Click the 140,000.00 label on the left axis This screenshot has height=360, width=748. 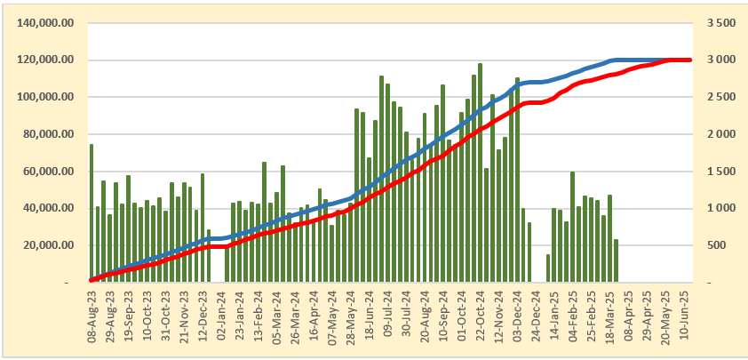coord(44,23)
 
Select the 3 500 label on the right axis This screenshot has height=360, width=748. coord(719,23)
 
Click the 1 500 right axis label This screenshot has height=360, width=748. coord(719,172)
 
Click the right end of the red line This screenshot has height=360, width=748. coord(689,60)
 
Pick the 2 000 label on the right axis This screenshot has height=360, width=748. coord(719,134)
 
